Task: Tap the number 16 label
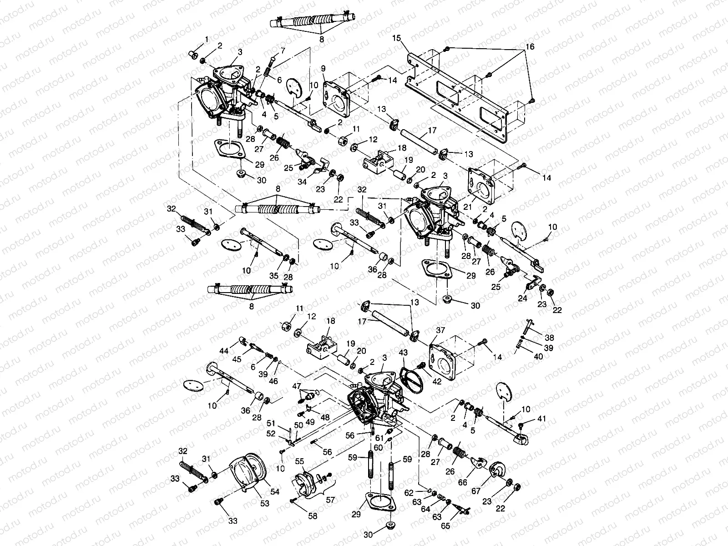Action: pyautogui.click(x=530, y=47)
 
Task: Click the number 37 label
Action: pyautogui.click(x=440, y=329)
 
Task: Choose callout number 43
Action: pyautogui.click(x=403, y=353)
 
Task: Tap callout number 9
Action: pyautogui.click(x=323, y=68)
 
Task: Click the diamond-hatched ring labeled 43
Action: pyautogui.click(x=412, y=378)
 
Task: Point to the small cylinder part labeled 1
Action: pyautogui.click(x=193, y=56)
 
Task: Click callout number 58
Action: pyautogui.click(x=313, y=516)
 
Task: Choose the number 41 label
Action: pyautogui.click(x=541, y=418)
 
